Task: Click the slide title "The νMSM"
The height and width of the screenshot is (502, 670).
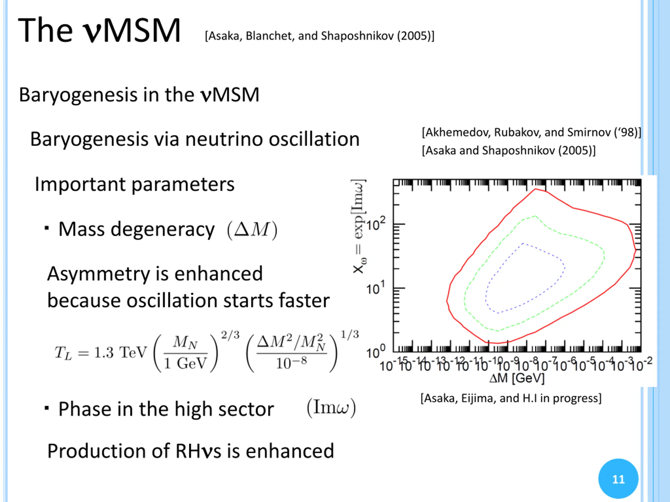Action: pos(99,30)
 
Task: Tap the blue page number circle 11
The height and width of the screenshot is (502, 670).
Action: pos(618,479)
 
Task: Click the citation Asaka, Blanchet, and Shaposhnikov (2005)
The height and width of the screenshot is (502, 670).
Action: pos(320,36)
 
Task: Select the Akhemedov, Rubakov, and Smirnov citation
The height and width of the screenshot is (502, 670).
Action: pos(531,133)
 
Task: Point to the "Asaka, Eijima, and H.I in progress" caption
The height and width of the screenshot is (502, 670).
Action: pos(511,398)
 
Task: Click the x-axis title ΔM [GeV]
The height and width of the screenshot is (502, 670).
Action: pos(517,378)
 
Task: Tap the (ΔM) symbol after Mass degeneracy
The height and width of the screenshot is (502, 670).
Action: pos(252,230)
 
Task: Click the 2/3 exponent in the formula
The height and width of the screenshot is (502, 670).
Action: pos(230,335)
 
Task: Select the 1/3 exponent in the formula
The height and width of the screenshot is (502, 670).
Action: pos(350,334)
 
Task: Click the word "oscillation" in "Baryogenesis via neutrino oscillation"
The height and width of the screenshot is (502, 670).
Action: pos(314,140)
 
